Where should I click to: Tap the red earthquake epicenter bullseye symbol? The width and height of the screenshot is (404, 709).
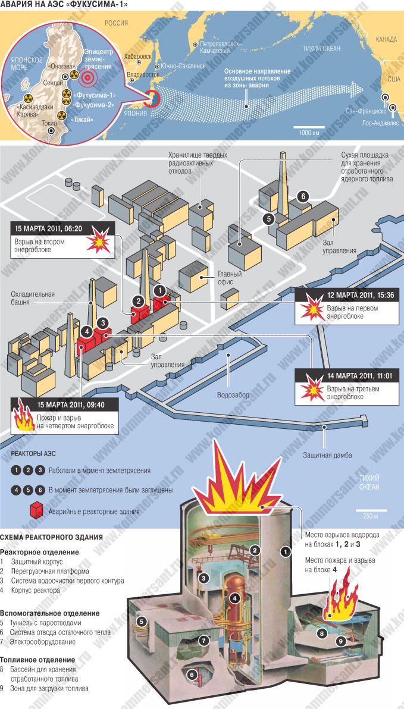87,78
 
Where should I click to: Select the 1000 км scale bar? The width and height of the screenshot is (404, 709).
309,127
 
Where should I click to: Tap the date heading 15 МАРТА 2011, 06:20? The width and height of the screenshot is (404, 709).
48,228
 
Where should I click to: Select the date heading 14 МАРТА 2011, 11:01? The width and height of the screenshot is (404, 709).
349,375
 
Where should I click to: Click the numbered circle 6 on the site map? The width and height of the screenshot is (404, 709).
302,196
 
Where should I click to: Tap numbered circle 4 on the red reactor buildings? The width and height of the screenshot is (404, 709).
86,331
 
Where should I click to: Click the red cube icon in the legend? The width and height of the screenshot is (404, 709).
37,510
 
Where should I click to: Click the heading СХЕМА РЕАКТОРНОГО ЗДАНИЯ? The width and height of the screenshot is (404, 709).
51,537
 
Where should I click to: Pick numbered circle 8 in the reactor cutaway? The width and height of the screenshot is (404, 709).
322,633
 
